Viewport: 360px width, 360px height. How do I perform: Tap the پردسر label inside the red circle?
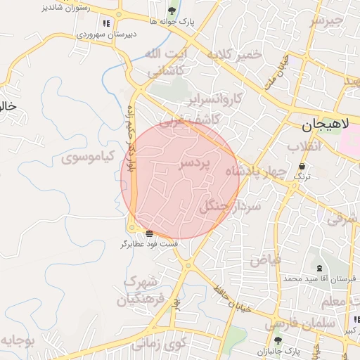pyautogui.click(x=195, y=164)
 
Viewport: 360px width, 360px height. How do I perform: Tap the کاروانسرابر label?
pyautogui.click(x=216, y=98)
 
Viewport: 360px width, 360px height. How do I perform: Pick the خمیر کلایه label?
pyautogui.click(x=239, y=56)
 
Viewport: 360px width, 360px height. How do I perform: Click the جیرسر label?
pyautogui.click(x=328, y=20)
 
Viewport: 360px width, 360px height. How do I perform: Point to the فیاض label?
pyautogui.click(x=264, y=259)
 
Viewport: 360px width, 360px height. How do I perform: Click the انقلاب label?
pyautogui.click(x=304, y=147)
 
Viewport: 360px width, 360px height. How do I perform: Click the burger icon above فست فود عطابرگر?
pyautogui.click(x=149, y=233)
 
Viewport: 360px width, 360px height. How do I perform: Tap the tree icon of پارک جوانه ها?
pyautogui.click(x=172, y=10)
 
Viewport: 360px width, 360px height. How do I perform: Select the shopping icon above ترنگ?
pyautogui.click(x=302, y=166)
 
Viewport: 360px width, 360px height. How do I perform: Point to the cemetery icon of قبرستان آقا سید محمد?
pyautogui.click(x=321, y=268)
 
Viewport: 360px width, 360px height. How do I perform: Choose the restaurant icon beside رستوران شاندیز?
pyautogui.click(x=106, y=23)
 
